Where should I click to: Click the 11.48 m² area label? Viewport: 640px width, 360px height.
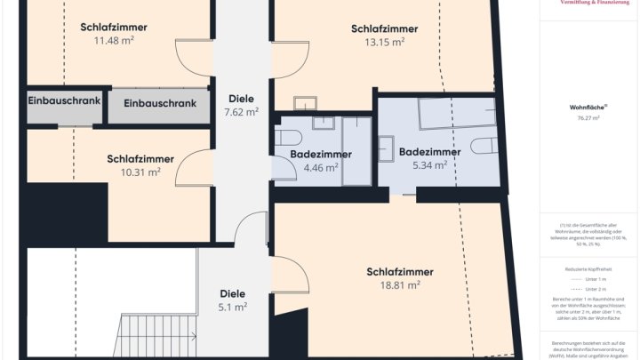[x=114, y=41]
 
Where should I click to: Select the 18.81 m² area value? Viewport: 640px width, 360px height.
[x=399, y=285]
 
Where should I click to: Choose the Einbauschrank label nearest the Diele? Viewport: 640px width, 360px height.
[x=160, y=104]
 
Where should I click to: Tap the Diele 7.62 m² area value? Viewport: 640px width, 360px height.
[x=241, y=112]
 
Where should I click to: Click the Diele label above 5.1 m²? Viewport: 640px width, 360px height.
[x=232, y=293]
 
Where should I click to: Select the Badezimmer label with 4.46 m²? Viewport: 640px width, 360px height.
[x=321, y=154]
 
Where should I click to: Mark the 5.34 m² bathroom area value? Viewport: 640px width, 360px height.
[x=429, y=165]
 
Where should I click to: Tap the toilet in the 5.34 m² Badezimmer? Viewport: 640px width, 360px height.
[x=483, y=147]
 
